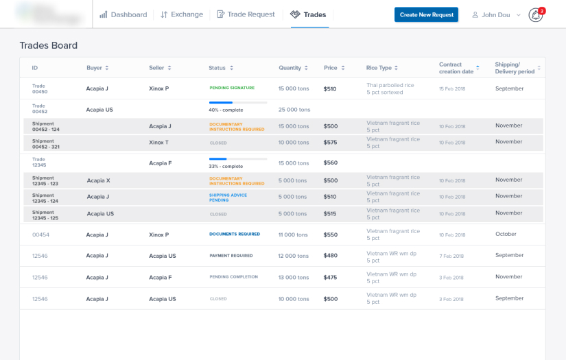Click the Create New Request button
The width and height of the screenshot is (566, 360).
(x=426, y=14)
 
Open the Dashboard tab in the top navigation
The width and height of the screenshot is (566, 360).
(x=123, y=14)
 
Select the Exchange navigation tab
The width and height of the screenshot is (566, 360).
(x=182, y=14)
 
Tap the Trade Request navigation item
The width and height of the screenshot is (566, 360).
(x=246, y=14)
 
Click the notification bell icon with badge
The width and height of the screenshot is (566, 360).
(x=536, y=14)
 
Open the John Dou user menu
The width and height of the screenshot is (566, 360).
(x=496, y=14)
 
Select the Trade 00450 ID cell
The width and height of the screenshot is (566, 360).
(x=40, y=88)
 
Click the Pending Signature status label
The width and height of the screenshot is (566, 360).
(x=231, y=88)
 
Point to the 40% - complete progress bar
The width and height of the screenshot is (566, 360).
(x=237, y=103)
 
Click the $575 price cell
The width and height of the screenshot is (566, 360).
(x=331, y=143)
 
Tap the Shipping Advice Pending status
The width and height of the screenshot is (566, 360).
(x=228, y=197)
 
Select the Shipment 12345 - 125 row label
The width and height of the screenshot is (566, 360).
(x=45, y=215)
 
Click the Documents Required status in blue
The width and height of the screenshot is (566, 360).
(x=234, y=234)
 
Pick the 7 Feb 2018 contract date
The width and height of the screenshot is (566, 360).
(x=451, y=256)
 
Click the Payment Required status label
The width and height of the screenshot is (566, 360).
(x=231, y=256)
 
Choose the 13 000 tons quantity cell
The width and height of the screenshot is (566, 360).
(x=294, y=277)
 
